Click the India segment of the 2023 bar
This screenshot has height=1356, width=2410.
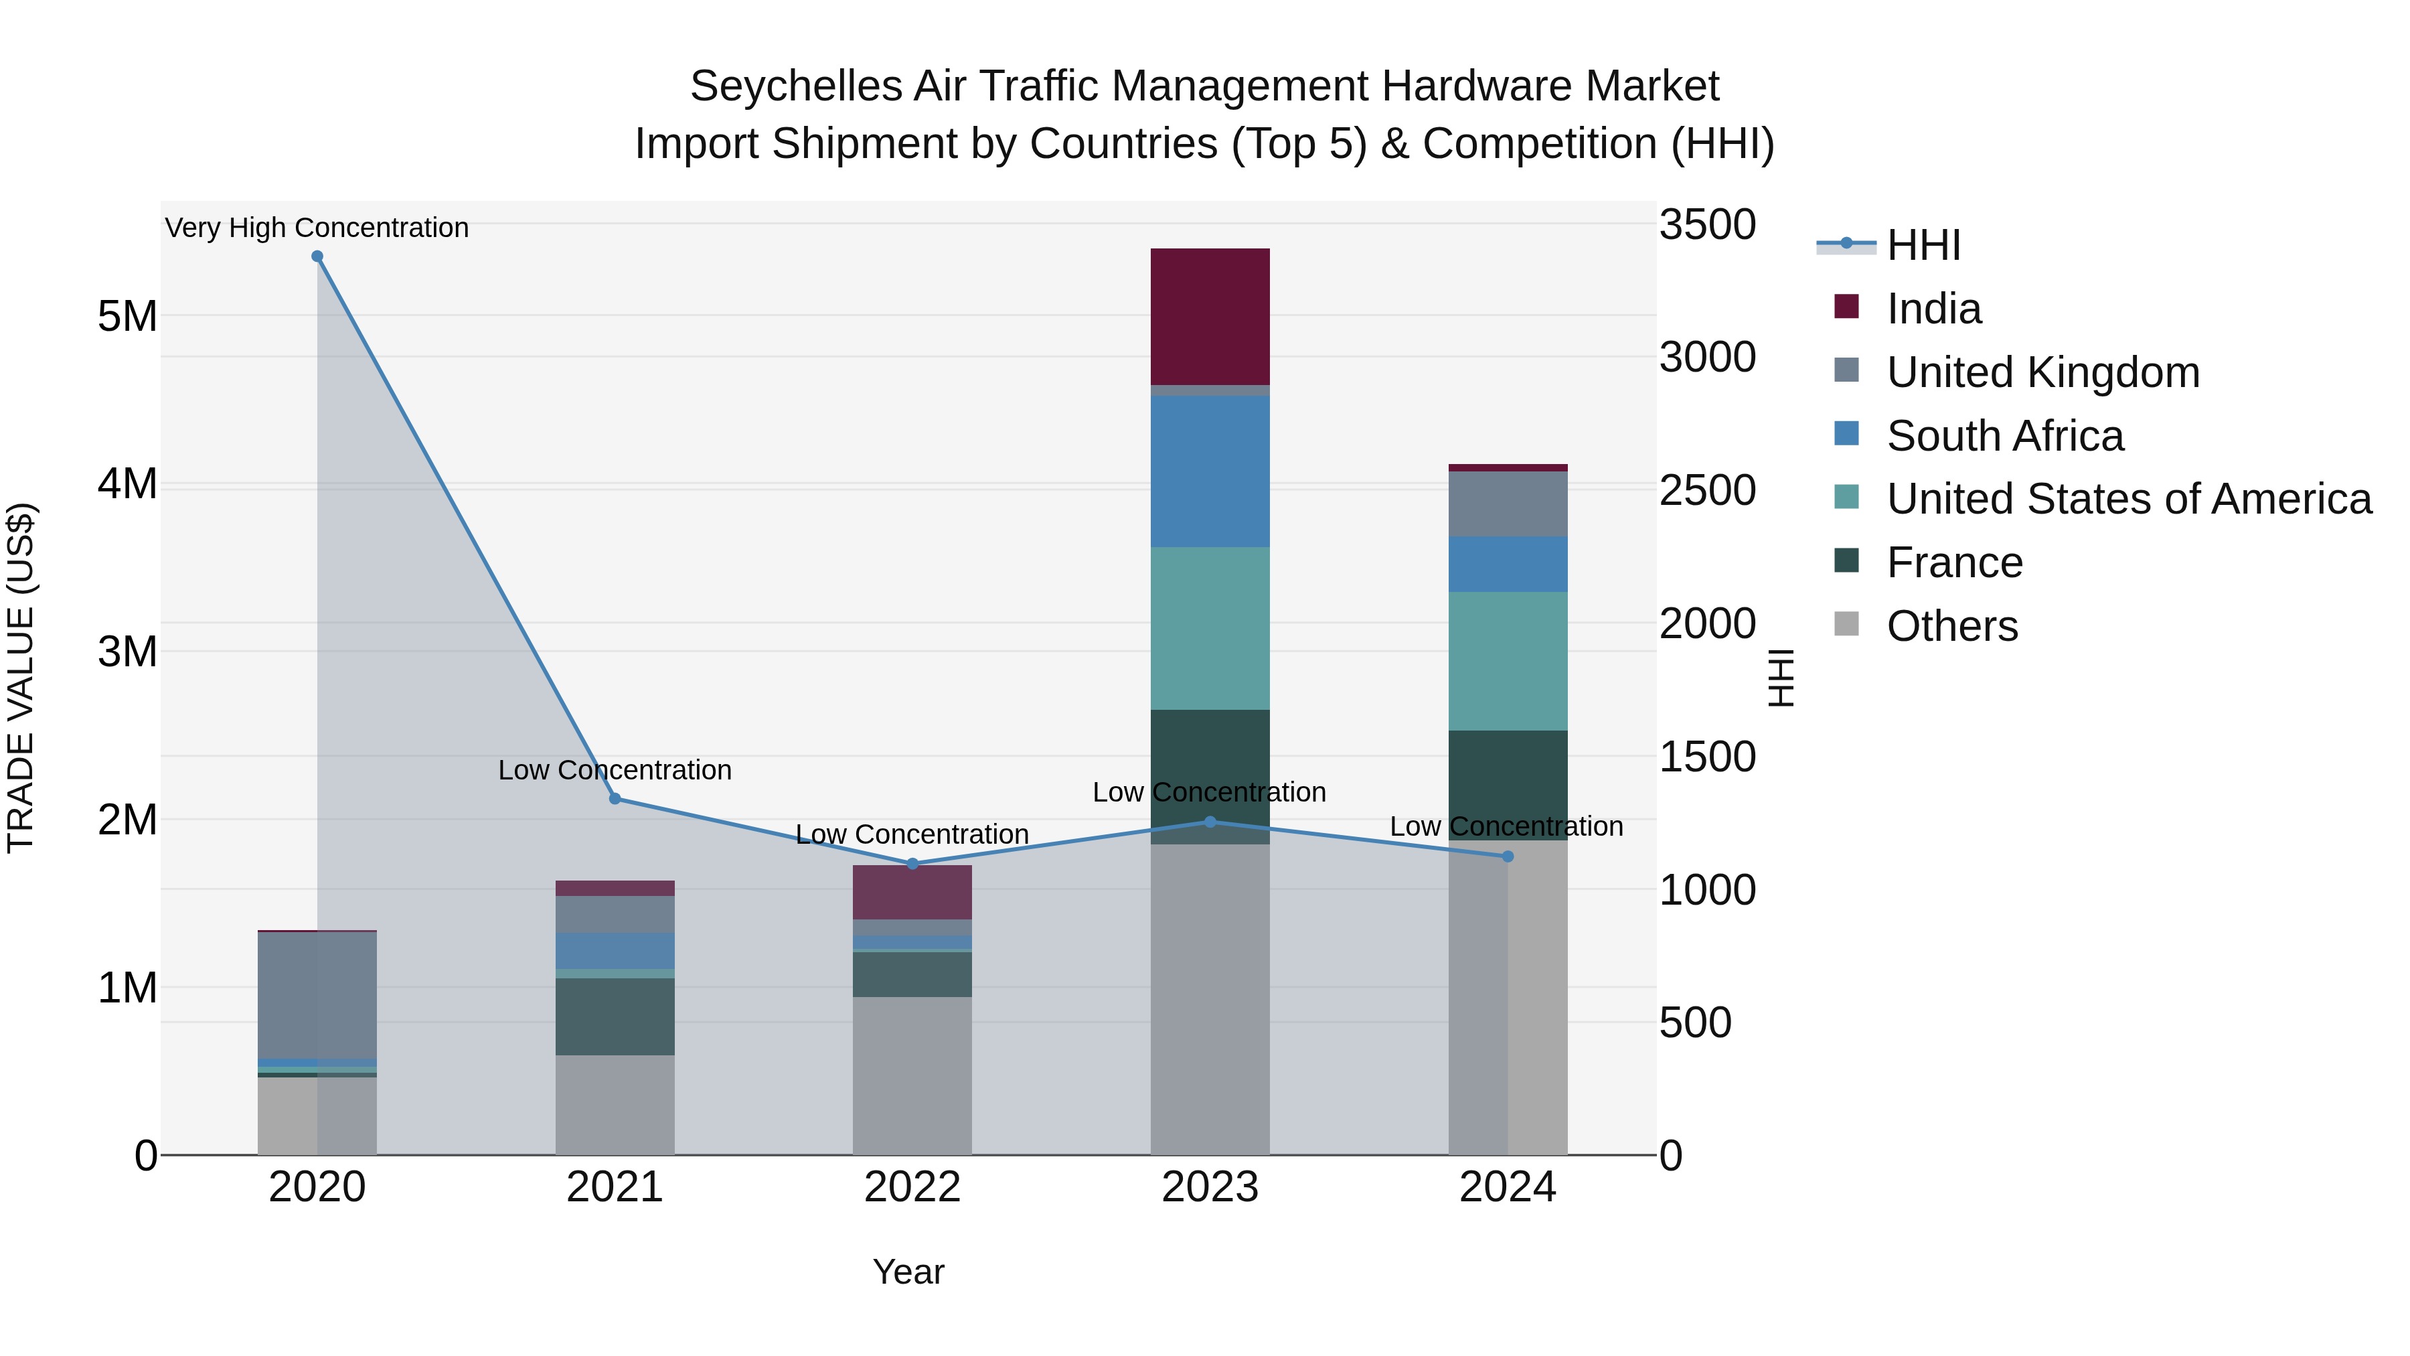click(1210, 316)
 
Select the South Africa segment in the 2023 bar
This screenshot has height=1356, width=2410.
click(1210, 471)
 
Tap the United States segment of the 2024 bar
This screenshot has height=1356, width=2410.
click(1507, 661)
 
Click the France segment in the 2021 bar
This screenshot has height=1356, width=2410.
click(615, 1016)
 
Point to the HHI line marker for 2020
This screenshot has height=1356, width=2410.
click(317, 256)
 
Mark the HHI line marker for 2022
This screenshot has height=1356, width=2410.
click(913, 864)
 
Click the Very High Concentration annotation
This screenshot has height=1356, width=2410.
click(317, 228)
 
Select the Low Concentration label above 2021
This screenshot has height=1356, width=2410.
click(615, 770)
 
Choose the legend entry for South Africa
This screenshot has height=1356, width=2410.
click(2005, 436)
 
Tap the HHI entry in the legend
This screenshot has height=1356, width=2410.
click(1923, 245)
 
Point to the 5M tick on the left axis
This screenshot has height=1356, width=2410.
click(127, 316)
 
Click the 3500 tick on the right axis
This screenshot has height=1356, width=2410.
click(1706, 224)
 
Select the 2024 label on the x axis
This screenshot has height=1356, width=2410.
click(1507, 1187)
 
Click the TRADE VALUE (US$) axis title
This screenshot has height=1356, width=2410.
click(21, 678)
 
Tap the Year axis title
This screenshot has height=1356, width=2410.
click(908, 1272)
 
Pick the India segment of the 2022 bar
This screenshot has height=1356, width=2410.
click(912, 892)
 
